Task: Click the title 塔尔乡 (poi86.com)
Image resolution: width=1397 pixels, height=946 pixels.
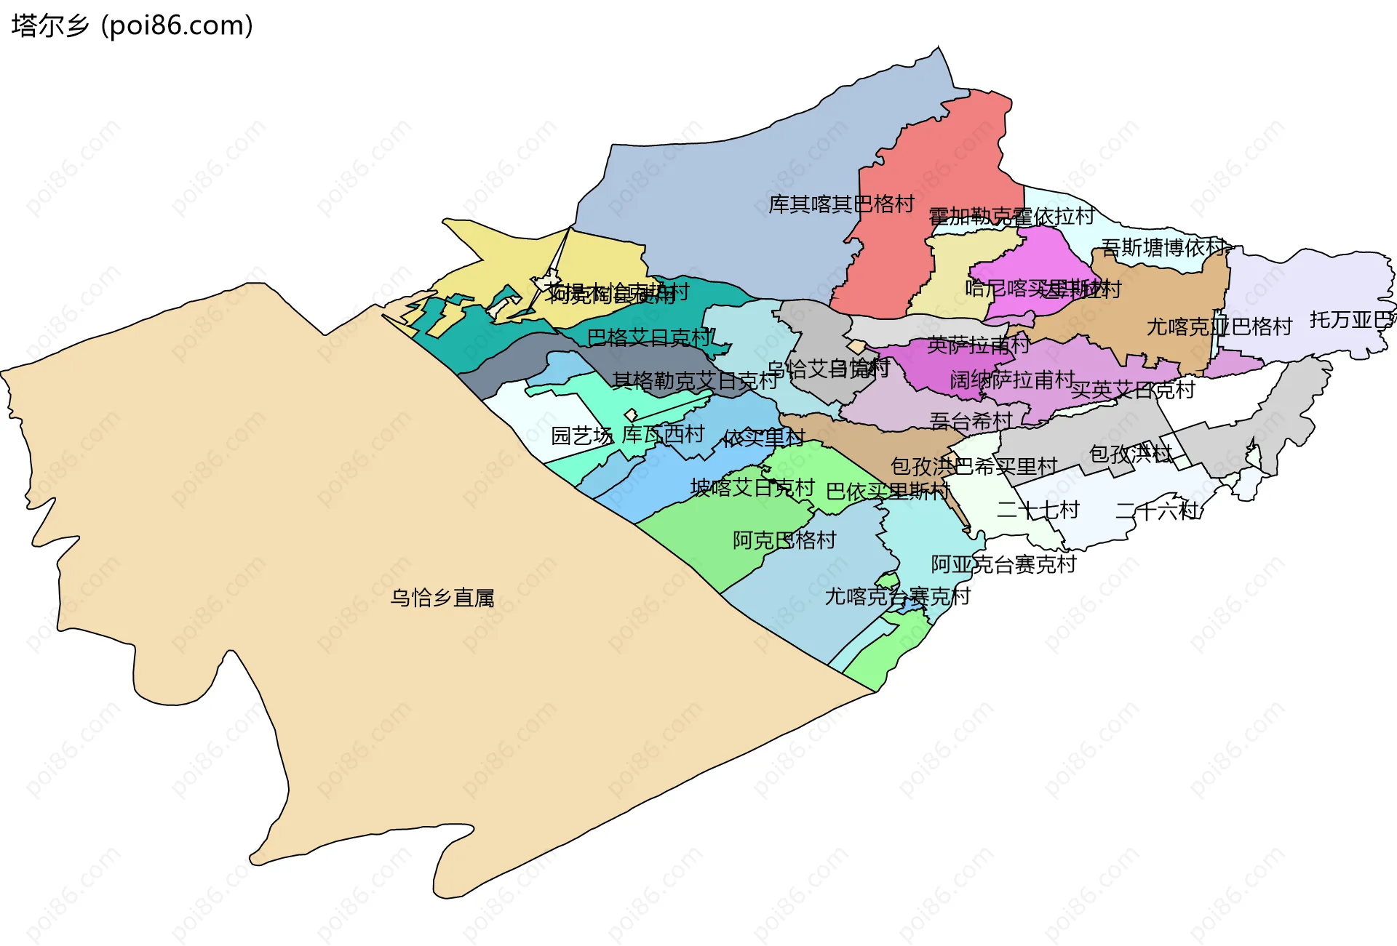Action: (x=132, y=25)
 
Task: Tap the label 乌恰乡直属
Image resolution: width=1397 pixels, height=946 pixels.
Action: (x=442, y=598)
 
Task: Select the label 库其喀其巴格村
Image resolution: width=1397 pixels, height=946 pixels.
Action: (x=841, y=204)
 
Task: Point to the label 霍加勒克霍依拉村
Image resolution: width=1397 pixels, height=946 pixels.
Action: (x=1011, y=216)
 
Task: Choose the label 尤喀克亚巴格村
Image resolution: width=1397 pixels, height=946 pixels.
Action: (x=1219, y=326)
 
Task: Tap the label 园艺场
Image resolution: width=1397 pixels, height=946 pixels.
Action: (x=581, y=436)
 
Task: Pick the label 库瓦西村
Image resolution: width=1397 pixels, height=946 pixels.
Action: (x=663, y=434)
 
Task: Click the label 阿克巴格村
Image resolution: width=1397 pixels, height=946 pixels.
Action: (x=784, y=540)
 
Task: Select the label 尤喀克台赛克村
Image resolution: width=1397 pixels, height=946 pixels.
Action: (x=897, y=596)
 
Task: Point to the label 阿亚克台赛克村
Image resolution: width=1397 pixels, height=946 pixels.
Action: (x=1003, y=564)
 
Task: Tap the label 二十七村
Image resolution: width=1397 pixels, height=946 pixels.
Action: (x=1038, y=510)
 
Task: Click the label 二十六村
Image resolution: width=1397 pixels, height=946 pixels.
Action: (x=1157, y=510)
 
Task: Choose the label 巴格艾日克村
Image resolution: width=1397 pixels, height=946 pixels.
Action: (x=650, y=337)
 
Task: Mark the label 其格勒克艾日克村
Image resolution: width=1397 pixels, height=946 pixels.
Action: (x=696, y=380)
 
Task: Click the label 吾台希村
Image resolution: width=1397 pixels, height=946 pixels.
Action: (x=971, y=420)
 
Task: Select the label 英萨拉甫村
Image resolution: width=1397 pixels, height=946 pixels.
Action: (x=979, y=345)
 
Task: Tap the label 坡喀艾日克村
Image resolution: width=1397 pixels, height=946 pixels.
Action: (x=752, y=487)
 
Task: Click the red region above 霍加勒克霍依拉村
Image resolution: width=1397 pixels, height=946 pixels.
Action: (x=939, y=160)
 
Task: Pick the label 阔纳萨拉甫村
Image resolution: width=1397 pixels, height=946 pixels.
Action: (x=1012, y=380)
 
